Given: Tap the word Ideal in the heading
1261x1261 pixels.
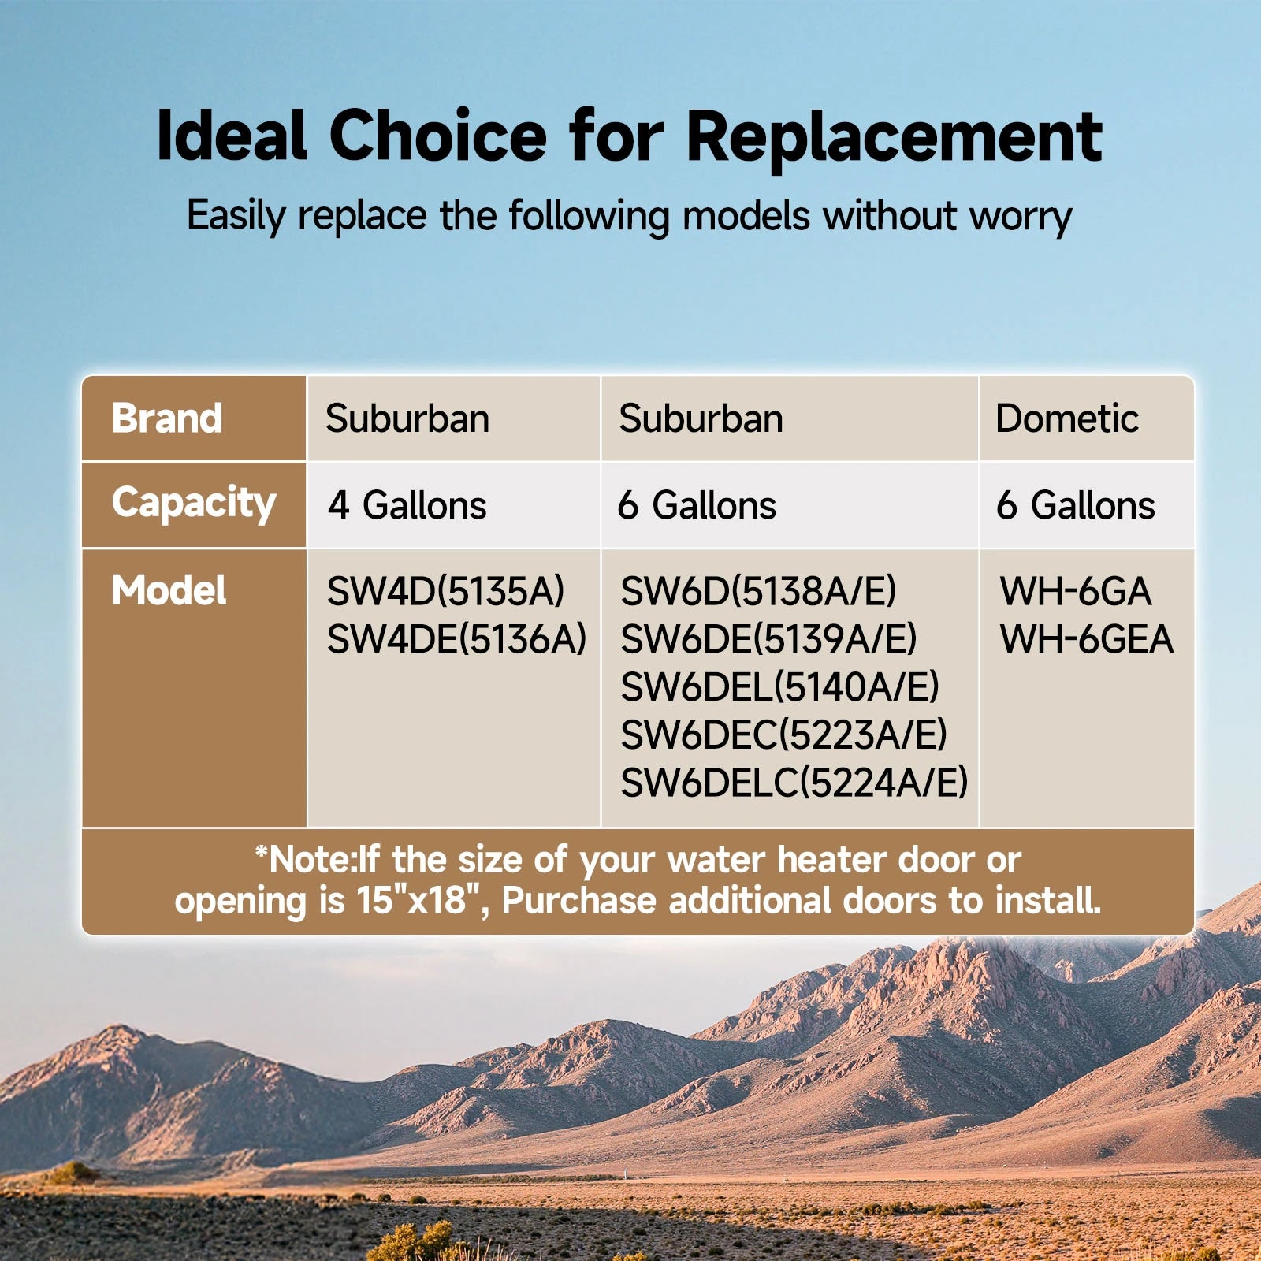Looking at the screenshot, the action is (231, 135).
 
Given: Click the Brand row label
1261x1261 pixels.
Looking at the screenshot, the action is (167, 418).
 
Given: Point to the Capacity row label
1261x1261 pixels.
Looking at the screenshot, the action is (194, 504).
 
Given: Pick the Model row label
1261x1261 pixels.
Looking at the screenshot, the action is (169, 590).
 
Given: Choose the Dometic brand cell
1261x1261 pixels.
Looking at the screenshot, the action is (1067, 418).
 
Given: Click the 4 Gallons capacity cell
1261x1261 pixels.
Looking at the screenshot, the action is (407, 505).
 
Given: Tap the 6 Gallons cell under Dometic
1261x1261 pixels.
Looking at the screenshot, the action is (1076, 505).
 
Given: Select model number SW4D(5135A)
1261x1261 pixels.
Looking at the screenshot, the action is (446, 592).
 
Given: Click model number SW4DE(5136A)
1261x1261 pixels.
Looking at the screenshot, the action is (457, 639).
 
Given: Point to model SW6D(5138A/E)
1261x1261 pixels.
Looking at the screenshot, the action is (758, 592).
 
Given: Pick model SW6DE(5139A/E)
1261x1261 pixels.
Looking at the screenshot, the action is (768, 639).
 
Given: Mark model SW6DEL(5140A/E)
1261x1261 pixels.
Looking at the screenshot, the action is (779, 687).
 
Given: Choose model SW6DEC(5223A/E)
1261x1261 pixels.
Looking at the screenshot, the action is (783, 735).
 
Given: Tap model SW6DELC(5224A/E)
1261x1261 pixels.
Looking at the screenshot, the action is (794, 783).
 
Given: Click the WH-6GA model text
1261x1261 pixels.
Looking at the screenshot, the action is (1076, 592).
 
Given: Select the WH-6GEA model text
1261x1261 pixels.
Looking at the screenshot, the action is (1087, 639).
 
